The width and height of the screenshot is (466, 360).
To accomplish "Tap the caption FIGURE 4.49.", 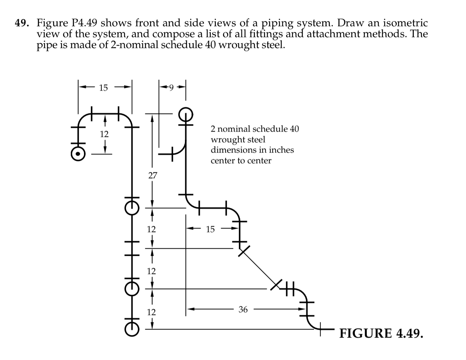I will click(381, 333).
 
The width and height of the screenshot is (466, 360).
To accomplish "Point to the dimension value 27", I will click(152, 176).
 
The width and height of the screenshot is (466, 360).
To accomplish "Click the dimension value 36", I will click(243, 310).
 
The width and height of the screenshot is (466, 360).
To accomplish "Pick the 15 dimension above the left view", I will click(103, 88).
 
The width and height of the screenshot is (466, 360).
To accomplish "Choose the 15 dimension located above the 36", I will click(210, 229).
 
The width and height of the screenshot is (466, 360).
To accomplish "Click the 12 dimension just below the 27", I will click(152, 229).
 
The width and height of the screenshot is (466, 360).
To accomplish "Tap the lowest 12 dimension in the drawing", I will click(152, 312).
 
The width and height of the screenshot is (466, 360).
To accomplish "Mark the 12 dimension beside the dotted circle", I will click(104, 134).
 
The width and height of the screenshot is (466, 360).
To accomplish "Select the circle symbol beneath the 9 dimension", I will click(186, 114).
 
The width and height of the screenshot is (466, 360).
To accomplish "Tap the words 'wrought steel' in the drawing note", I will click(238, 140).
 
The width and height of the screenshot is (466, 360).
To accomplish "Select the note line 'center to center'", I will click(241, 161).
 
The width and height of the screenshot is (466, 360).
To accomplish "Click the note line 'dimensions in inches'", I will click(252, 150).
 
